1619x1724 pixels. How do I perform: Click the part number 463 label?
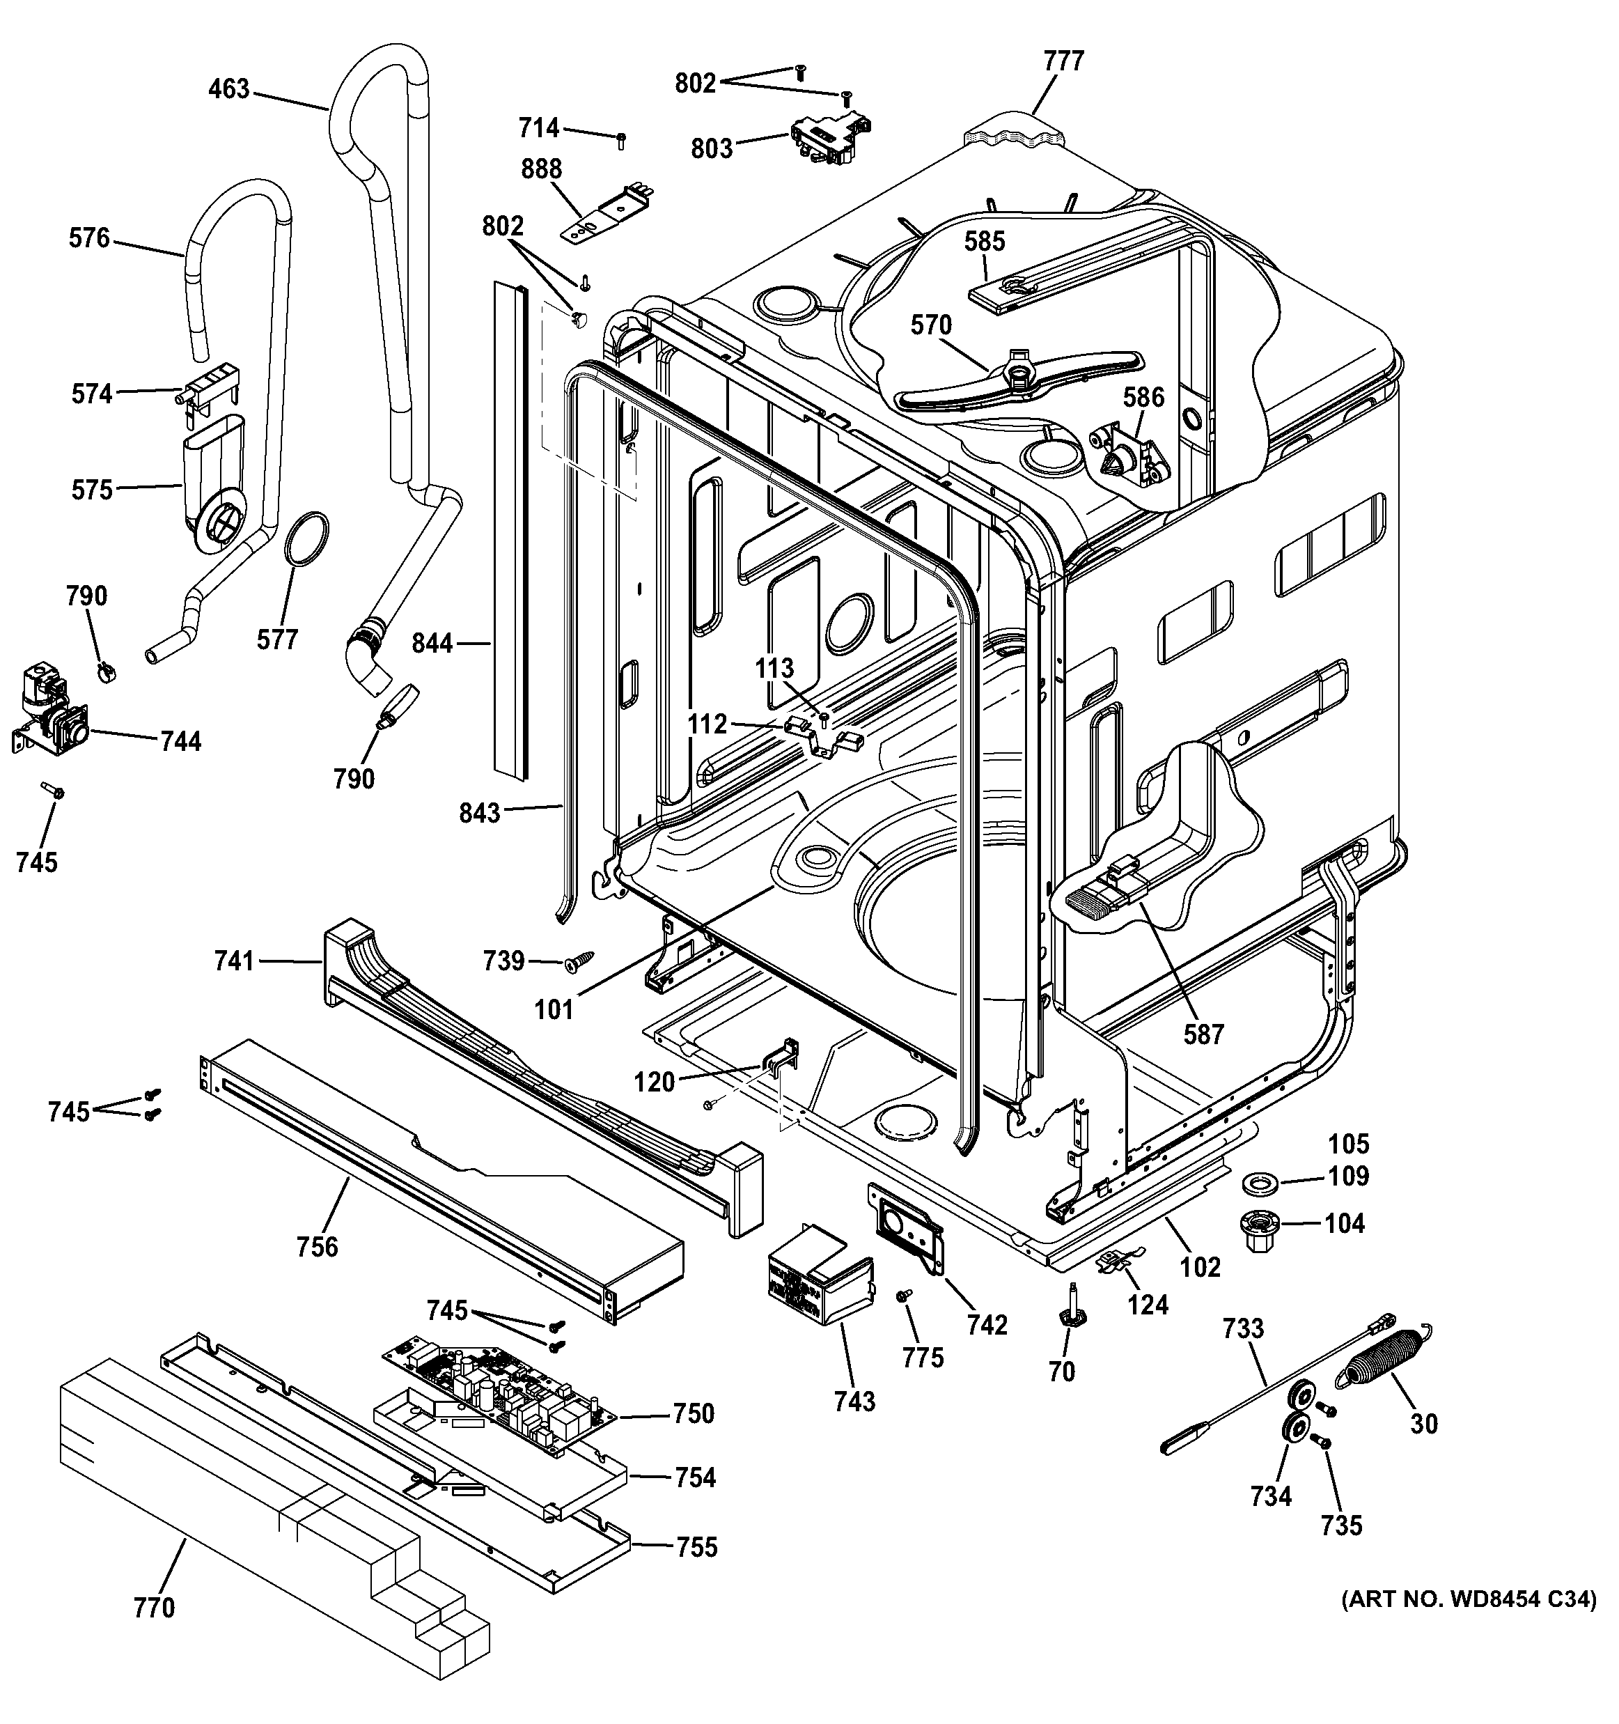click(229, 89)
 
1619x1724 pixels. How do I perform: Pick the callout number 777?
click(1063, 61)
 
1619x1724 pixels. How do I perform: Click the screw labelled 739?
click(578, 962)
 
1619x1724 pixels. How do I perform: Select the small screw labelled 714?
click(621, 139)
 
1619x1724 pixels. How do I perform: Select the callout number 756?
click(318, 1246)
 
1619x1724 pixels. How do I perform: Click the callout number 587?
click(1204, 1034)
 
